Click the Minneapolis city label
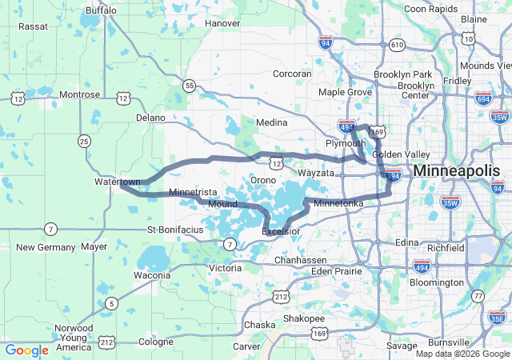(456, 170)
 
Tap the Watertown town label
(117, 182)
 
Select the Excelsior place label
(281, 231)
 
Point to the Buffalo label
(100, 11)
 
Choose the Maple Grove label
(346, 93)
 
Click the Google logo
(26, 350)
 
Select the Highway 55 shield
(188, 85)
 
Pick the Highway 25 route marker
(83, 141)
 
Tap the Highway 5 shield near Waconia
(111, 303)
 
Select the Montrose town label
(79, 94)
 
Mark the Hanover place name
(222, 23)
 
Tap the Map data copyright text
(462, 353)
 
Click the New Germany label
(46, 247)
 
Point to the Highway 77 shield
(478, 296)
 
